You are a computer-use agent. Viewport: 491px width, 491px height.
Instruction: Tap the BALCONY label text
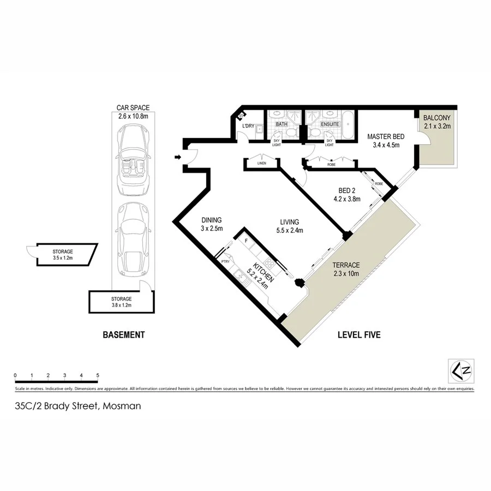click(436, 122)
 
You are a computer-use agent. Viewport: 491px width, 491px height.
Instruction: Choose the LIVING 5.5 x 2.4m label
click(289, 226)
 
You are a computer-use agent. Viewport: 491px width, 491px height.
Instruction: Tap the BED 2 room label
click(347, 194)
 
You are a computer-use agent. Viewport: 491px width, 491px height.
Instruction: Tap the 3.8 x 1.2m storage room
click(121, 302)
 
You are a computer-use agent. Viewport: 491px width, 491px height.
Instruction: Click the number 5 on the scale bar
click(97, 375)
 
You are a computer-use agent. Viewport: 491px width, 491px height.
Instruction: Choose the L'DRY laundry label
click(248, 127)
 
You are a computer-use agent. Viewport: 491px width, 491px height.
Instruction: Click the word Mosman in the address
click(121, 405)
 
